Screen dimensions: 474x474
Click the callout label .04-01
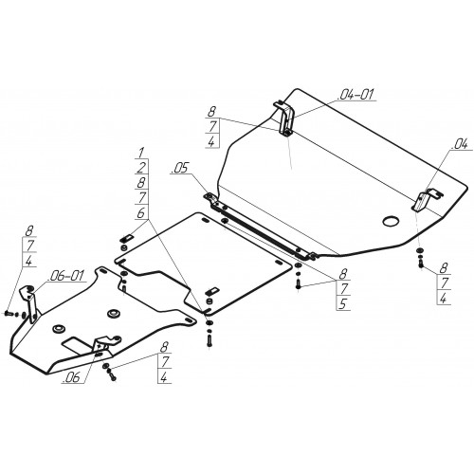(x=355, y=94)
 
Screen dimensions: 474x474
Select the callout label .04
(x=460, y=145)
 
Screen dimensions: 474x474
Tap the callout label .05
(x=179, y=169)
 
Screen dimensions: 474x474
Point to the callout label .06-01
(x=65, y=276)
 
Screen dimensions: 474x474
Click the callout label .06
(x=71, y=378)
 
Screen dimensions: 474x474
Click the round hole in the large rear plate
(x=391, y=221)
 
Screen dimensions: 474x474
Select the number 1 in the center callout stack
(x=140, y=153)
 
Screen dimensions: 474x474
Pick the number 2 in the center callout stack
(x=141, y=168)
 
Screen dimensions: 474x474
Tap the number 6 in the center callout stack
(x=140, y=213)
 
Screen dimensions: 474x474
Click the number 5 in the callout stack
(x=343, y=303)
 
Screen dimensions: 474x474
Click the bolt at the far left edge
(x=9, y=313)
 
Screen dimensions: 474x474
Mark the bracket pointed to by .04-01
(x=286, y=118)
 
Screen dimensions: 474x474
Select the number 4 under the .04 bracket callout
(x=444, y=298)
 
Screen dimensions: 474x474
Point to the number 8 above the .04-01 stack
(x=211, y=112)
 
